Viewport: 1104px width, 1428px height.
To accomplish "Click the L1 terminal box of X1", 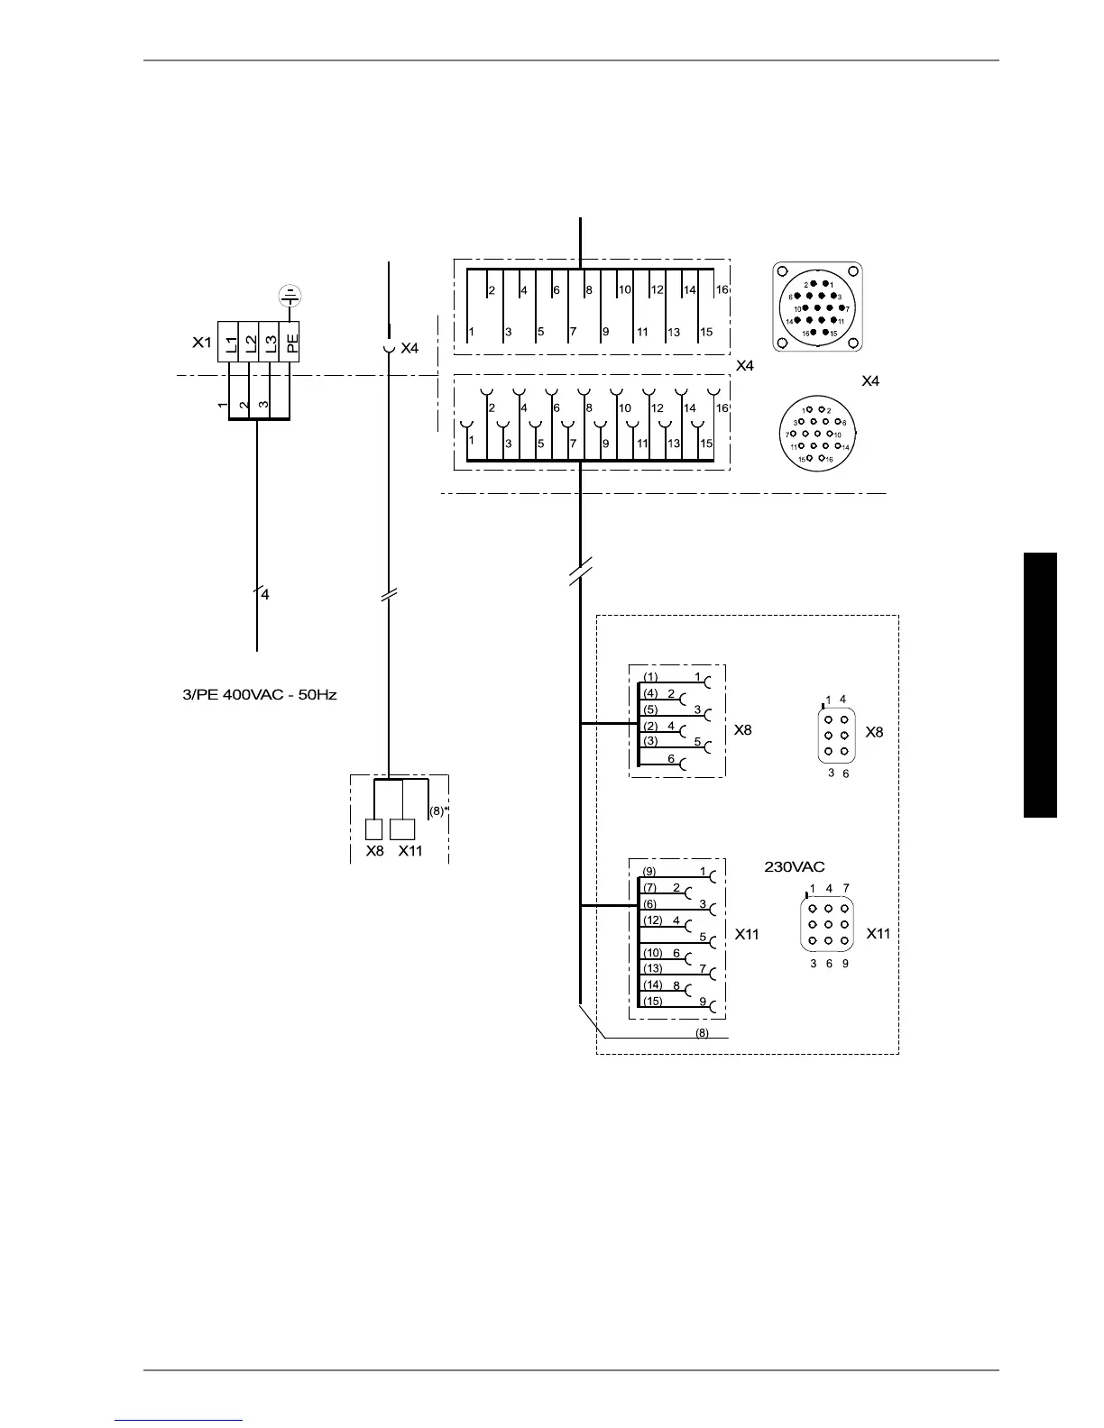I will [x=229, y=343].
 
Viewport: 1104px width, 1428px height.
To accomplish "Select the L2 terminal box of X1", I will [x=250, y=343].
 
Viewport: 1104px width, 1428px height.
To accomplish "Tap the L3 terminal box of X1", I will [x=270, y=343].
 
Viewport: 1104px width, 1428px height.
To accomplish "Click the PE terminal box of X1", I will [x=290, y=343].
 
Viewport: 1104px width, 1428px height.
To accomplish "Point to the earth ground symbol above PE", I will [x=290, y=295].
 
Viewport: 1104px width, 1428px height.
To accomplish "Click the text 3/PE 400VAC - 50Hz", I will [x=260, y=695].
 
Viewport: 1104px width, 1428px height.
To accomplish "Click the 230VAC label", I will [x=795, y=866].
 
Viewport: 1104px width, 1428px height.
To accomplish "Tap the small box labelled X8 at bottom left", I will [x=373, y=829].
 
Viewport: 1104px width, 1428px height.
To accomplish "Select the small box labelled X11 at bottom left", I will [x=402, y=829].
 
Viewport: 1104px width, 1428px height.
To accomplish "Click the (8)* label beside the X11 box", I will [x=438, y=810].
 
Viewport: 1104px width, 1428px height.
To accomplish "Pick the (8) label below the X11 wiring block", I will [x=702, y=1033].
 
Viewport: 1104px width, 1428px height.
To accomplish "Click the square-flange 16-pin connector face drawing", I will [x=817, y=307].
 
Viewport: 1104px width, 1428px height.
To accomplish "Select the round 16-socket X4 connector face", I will [x=817, y=435].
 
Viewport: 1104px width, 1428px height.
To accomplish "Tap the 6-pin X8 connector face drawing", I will [x=836, y=736].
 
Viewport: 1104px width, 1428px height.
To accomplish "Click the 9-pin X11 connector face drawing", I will [x=828, y=925].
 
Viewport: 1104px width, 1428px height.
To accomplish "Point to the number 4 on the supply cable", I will [x=264, y=594].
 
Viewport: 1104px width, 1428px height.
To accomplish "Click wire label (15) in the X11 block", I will [x=652, y=1001].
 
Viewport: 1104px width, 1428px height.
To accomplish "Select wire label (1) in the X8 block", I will [x=650, y=677].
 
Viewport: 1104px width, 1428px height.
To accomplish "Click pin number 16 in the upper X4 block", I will [x=722, y=290].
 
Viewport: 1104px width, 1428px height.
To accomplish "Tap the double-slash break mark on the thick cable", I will [x=580, y=572].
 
